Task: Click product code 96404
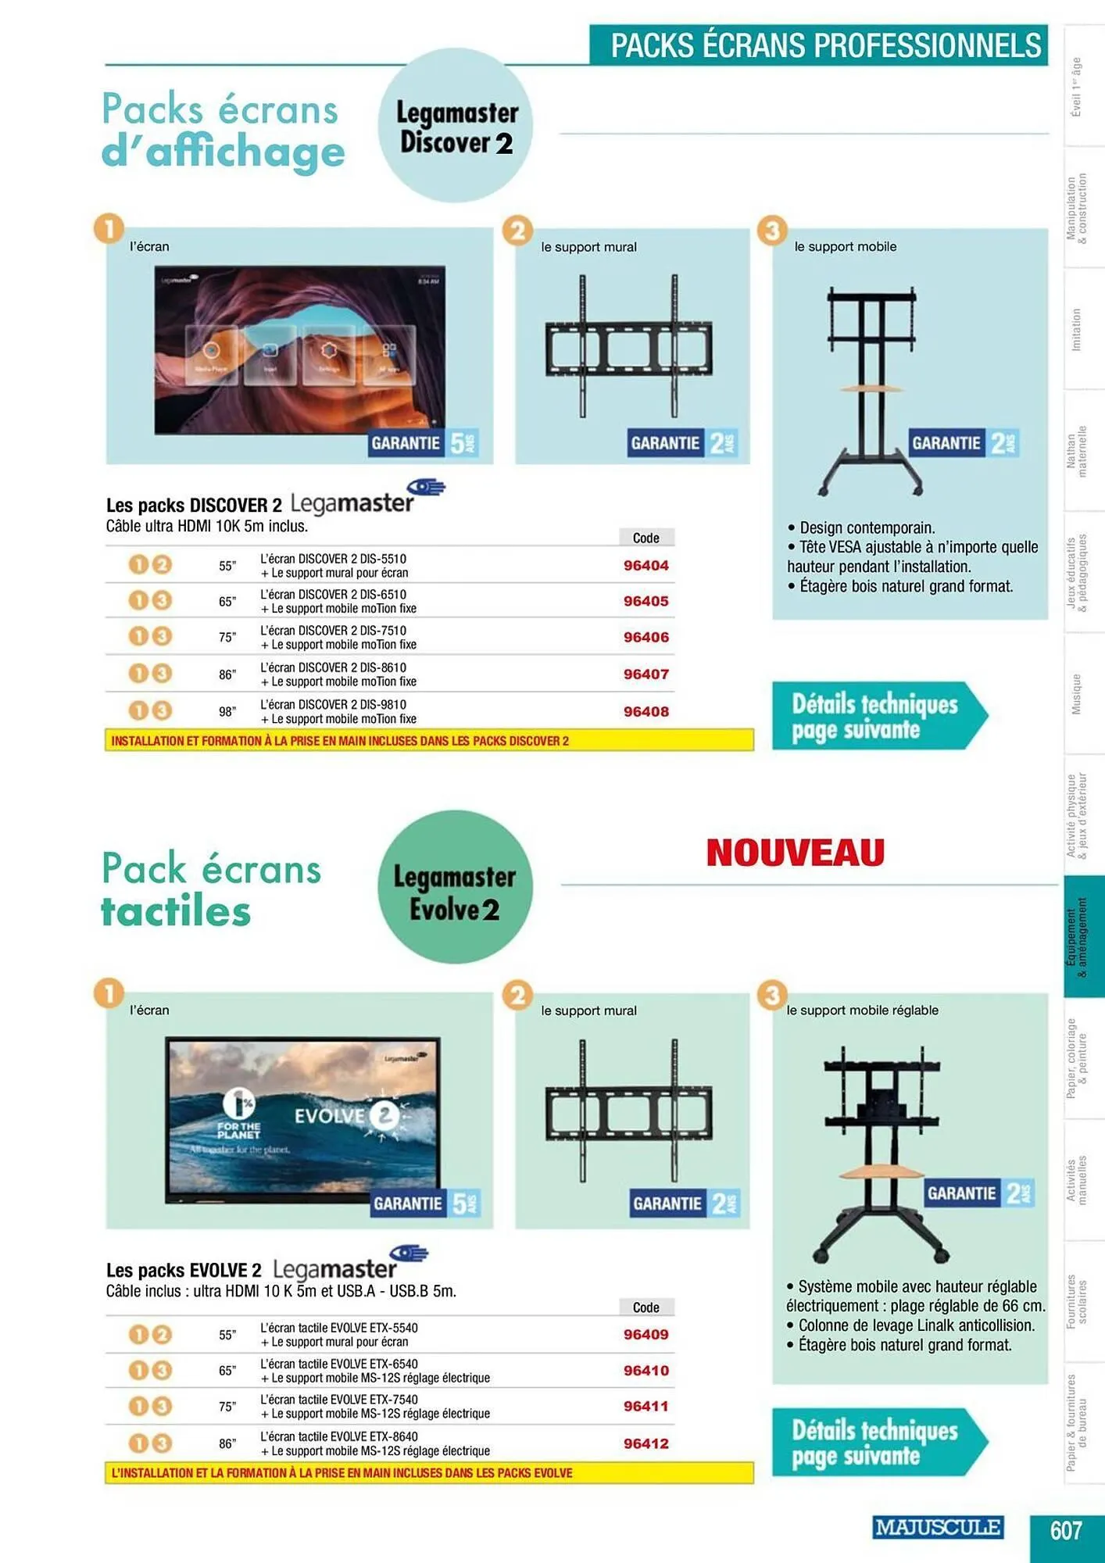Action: pos(645,565)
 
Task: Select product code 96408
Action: pos(645,711)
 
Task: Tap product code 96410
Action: pos(645,1370)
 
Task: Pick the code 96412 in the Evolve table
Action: pos(645,1443)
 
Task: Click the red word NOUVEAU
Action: pos(795,852)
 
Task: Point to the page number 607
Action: pos(1066,1529)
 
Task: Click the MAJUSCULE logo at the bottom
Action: pos(937,1527)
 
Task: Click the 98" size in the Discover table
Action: pos(227,712)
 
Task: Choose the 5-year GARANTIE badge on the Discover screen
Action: pos(424,443)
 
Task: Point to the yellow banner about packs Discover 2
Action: pos(429,740)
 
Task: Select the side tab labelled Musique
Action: pos(1076,694)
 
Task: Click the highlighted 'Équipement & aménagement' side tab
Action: pos(1082,936)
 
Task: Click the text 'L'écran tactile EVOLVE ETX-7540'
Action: pos(338,1400)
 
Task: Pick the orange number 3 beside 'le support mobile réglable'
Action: pos(772,995)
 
